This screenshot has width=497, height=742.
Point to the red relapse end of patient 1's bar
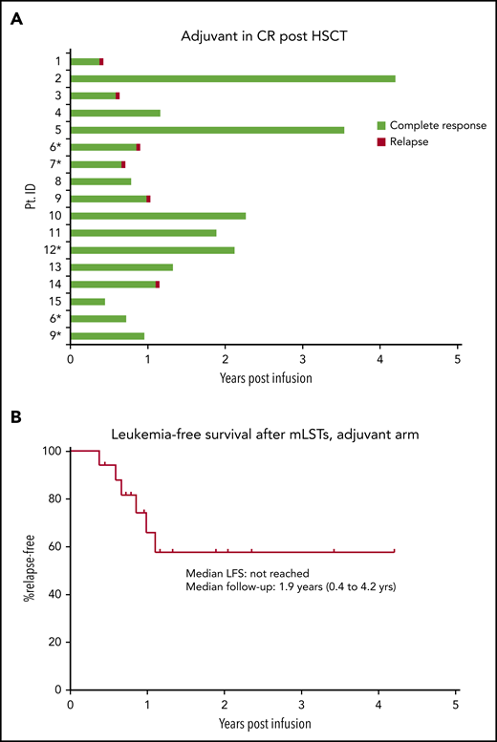(101, 61)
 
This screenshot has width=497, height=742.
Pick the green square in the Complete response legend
(381, 125)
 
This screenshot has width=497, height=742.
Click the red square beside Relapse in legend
(381, 141)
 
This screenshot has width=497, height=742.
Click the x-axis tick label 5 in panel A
(458, 359)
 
